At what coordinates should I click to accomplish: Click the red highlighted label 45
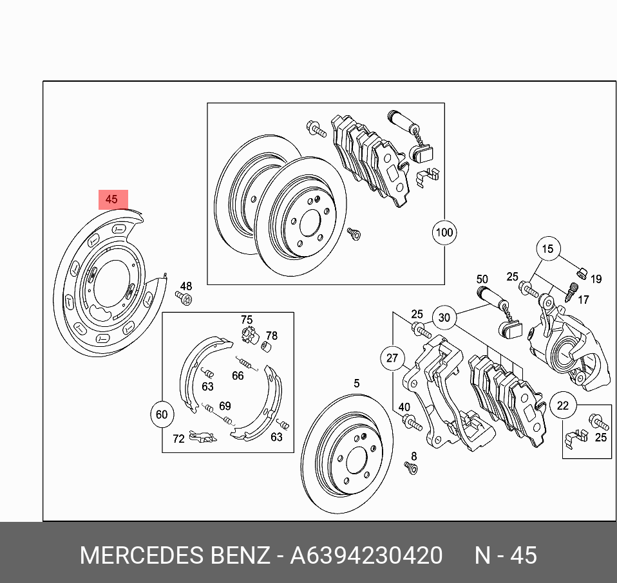pyautogui.click(x=112, y=199)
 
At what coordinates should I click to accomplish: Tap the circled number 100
pyautogui.click(x=444, y=232)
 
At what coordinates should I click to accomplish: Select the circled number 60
pyautogui.click(x=162, y=415)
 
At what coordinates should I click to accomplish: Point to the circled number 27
pyautogui.click(x=392, y=358)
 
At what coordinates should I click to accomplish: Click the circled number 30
pyautogui.click(x=444, y=317)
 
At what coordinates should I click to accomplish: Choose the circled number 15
pyautogui.click(x=547, y=249)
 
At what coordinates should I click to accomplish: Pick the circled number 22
pyautogui.click(x=563, y=405)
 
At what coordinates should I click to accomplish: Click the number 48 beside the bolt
pyautogui.click(x=185, y=286)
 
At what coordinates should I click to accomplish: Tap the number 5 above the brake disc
pyautogui.click(x=357, y=384)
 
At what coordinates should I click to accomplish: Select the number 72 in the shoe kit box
pyautogui.click(x=178, y=439)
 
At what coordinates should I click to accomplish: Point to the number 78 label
pyautogui.click(x=271, y=336)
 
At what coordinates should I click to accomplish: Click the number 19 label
pyautogui.click(x=596, y=279)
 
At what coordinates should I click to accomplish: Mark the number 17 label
pyautogui.click(x=583, y=299)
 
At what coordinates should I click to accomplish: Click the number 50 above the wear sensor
pyautogui.click(x=482, y=279)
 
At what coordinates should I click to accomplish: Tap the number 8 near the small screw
pyautogui.click(x=414, y=456)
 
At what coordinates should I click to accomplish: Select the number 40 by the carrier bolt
pyautogui.click(x=404, y=407)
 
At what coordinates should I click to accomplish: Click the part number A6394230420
pyautogui.click(x=366, y=555)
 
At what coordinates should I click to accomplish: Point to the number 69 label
pyautogui.click(x=225, y=406)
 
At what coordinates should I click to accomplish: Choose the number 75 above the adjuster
pyautogui.click(x=247, y=320)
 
